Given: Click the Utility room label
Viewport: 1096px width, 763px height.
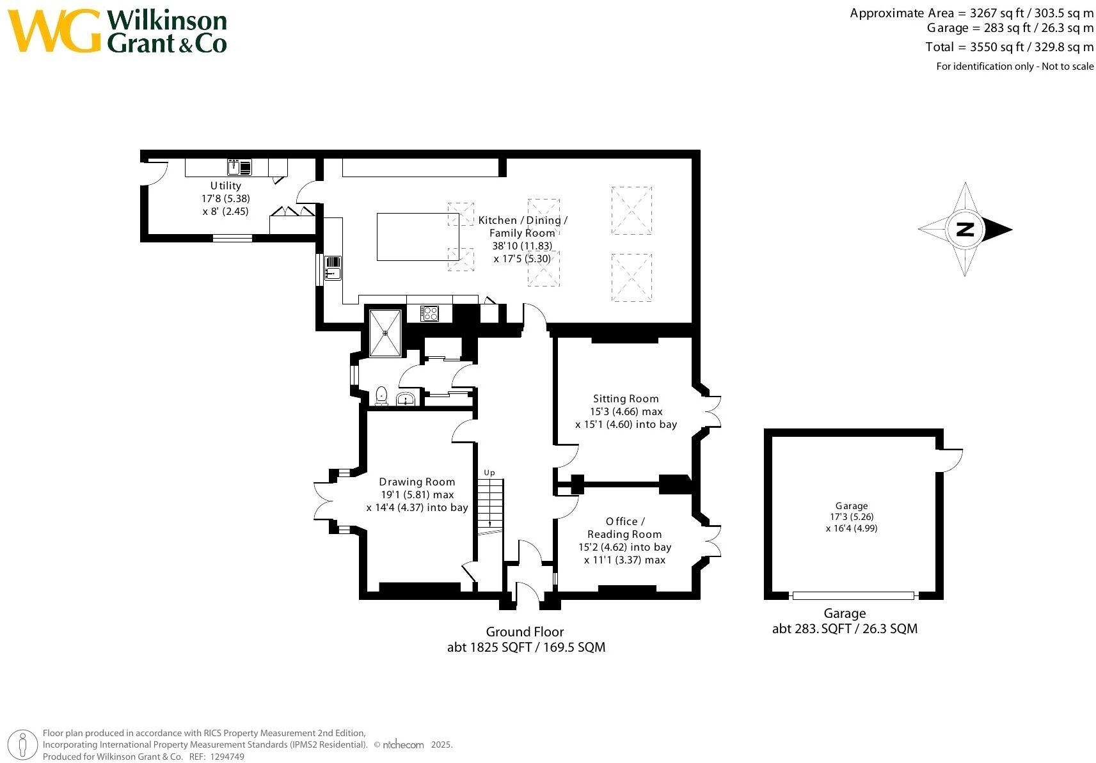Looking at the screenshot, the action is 226,186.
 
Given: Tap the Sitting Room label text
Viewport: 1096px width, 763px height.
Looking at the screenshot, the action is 626,398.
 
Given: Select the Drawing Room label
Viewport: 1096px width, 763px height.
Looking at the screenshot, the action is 417,482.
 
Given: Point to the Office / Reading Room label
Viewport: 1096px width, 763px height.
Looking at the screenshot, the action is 625,528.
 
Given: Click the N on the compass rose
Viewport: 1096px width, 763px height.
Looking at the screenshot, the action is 965,229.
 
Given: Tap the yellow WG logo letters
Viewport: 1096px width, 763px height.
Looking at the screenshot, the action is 54,31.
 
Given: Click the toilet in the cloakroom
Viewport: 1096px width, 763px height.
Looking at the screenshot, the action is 381,396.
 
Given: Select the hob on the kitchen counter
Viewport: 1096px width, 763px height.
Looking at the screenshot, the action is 429,313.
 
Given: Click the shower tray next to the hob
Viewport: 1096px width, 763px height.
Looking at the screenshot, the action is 385,333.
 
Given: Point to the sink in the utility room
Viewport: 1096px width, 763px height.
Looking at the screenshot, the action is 239,168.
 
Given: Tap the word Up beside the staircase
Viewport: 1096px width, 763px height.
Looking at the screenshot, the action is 489,473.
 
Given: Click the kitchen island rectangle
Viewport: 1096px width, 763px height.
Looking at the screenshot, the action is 418,237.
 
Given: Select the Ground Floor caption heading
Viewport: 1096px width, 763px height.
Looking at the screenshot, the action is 525,631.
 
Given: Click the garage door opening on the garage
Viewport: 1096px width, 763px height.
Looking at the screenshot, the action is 854,595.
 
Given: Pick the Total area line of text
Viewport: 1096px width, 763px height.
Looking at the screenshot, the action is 1009,47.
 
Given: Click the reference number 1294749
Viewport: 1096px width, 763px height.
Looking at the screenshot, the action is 227,757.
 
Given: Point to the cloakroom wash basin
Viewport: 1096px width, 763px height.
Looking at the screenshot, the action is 406,399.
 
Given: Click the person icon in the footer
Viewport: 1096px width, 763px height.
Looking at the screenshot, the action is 22,745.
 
